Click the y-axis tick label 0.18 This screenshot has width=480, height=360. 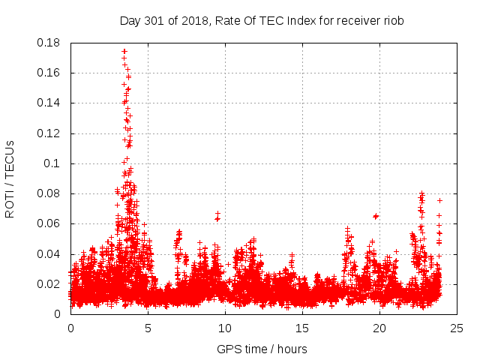point(49,43)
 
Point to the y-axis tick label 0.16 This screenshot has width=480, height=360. point(49,73)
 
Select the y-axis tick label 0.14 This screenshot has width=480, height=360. point(49,103)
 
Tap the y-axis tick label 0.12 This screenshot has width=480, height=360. point(49,133)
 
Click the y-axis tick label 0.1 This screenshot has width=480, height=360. point(53,163)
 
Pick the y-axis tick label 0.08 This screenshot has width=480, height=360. point(49,193)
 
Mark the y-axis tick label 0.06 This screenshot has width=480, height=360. point(49,223)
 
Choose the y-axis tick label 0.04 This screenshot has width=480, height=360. point(49,254)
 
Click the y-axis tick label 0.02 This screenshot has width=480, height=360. point(49,284)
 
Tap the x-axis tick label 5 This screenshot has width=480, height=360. point(148,329)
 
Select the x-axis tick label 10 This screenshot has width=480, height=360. point(225,329)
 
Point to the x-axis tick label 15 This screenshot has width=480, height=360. point(302,329)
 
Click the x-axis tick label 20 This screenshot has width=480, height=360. point(379,329)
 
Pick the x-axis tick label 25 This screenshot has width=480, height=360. point(457,329)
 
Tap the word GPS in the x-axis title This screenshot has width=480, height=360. point(228,349)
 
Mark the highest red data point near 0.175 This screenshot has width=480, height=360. point(124,51)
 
